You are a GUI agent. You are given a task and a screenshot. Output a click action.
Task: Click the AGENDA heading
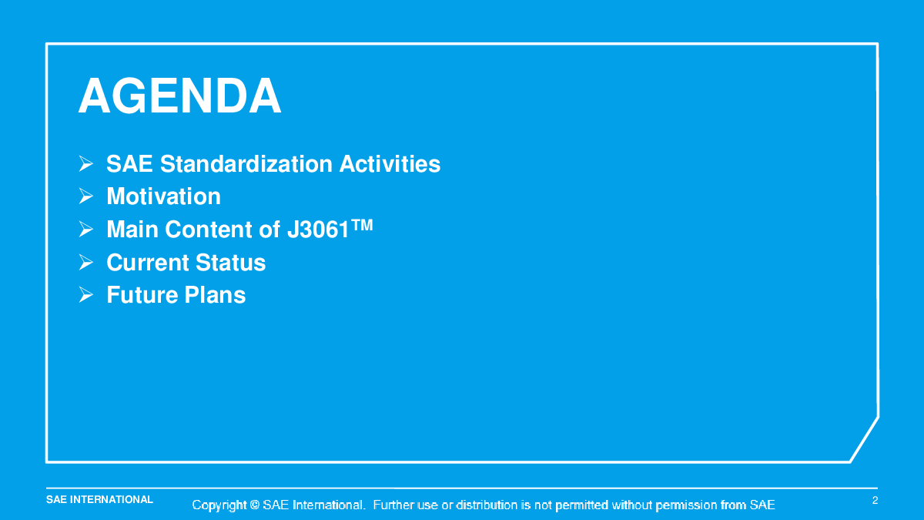[180, 96]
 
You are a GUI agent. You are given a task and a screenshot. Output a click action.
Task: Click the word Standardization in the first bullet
[246, 164]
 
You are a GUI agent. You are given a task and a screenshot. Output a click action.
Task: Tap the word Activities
[390, 164]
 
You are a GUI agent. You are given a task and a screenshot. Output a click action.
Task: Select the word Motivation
[164, 196]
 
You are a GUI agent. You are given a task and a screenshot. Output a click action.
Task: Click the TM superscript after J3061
[362, 225]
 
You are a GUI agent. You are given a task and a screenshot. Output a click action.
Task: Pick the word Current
[148, 263]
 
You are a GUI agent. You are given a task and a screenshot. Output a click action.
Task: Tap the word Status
[230, 263]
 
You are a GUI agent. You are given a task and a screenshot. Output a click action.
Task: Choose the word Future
[142, 294]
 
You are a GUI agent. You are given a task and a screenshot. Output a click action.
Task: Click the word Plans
[215, 294]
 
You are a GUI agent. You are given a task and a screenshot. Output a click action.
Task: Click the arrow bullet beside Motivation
[85, 196]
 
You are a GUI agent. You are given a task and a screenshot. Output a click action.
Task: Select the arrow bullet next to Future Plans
[85, 294]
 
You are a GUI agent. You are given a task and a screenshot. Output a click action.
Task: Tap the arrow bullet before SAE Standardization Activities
[85, 164]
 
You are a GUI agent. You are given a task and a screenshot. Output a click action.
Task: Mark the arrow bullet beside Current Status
[85, 263]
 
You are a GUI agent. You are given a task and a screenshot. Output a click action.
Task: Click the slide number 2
[875, 500]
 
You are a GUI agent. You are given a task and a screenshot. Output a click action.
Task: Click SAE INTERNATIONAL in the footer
[99, 500]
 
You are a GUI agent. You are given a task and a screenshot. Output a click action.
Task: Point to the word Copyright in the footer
[219, 505]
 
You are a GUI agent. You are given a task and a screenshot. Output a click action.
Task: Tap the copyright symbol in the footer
[255, 505]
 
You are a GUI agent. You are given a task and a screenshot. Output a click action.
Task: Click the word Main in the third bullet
[132, 230]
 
